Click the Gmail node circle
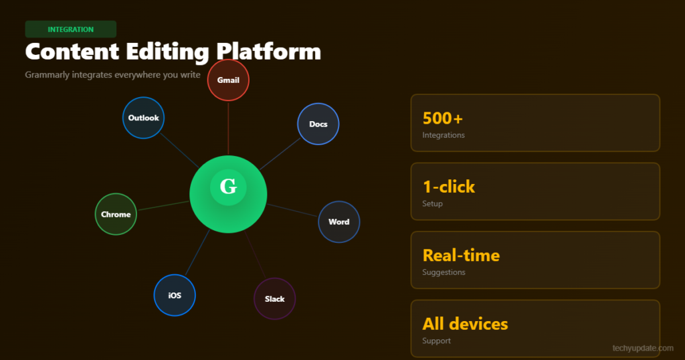point(228,80)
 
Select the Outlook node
point(143,118)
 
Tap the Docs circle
point(318,124)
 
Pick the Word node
point(338,221)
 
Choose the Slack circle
point(274,299)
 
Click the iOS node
point(175,295)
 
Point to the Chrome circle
point(116,214)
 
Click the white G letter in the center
point(228,187)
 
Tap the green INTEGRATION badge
point(71,29)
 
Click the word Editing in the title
point(167,52)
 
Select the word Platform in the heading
point(269,52)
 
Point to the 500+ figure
point(443,118)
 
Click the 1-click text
point(449,187)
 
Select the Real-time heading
point(461,255)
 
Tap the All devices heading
point(465,324)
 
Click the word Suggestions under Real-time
point(444,272)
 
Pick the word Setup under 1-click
point(432,203)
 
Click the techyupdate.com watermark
point(643,348)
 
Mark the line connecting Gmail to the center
point(228,128)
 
